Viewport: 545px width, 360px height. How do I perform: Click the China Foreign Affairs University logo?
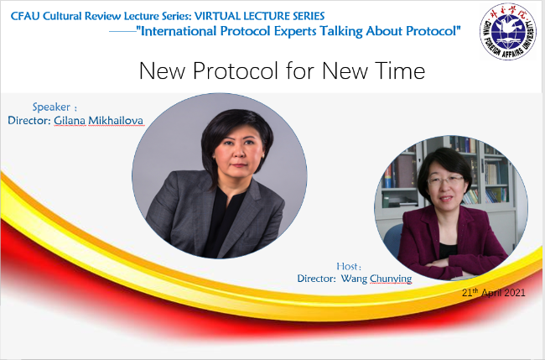coord(508,31)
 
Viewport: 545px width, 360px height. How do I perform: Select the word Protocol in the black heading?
coord(236,70)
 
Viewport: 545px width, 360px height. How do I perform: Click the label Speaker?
coord(51,107)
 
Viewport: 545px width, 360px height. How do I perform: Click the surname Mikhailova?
coord(116,120)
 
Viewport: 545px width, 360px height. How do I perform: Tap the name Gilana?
coord(70,120)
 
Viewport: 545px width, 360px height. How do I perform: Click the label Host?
coord(347,267)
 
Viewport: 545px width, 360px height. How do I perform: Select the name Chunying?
coord(391,279)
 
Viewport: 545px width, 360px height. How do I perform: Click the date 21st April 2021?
coord(494,293)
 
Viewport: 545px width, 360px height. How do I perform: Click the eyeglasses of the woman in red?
coord(445,180)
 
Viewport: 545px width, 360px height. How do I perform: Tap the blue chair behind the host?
coord(392,240)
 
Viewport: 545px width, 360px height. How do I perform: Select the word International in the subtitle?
coord(178,31)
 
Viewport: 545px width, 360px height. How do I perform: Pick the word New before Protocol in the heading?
coord(163,70)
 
